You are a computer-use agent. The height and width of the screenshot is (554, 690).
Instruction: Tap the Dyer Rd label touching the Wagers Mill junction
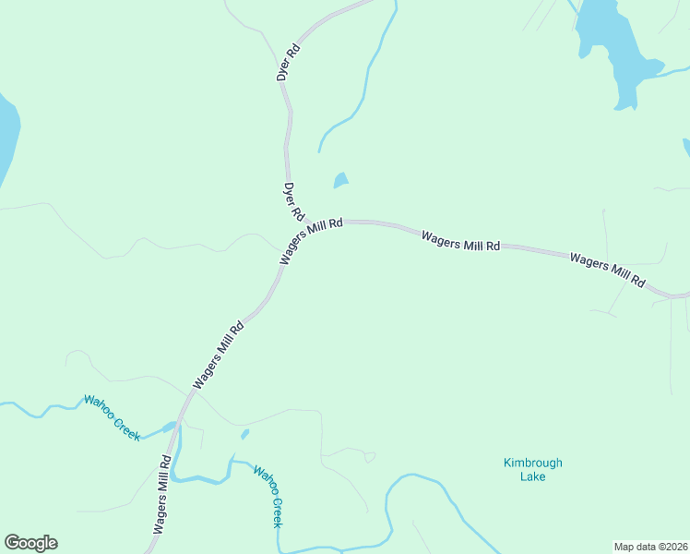click(x=294, y=201)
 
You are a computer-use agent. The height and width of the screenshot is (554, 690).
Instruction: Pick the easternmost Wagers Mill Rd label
click(x=607, y=269)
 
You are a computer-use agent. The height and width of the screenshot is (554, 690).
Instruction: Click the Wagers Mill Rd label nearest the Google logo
click(x=161, y=494)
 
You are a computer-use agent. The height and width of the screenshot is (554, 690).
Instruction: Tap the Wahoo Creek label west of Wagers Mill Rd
click(x=112, y=417)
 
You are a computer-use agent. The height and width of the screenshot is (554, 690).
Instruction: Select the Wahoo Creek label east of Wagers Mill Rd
click(x=268, y=496)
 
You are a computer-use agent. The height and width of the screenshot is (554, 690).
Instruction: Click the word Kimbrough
click(x=532, y=463)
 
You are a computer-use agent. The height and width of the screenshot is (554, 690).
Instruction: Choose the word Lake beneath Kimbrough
click(x=532, y=476)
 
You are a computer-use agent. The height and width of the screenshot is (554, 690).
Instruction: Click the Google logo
click(x=30, y=543)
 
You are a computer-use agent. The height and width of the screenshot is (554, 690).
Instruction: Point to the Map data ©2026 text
click(x=651, y=546)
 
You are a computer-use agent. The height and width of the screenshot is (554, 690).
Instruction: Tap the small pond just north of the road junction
click(x=341, y=180)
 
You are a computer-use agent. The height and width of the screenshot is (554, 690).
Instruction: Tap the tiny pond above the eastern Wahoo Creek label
click(x=244, y=433)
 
